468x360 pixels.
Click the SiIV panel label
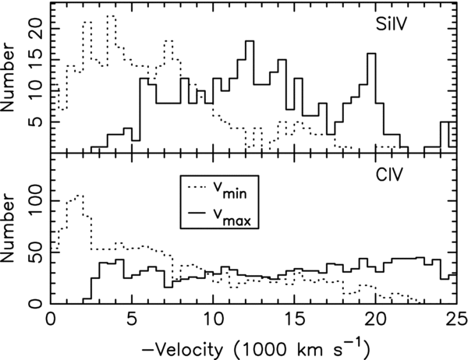coord(392,24)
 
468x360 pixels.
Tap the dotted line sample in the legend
coord(197,187)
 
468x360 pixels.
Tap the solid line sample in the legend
coord(197,213)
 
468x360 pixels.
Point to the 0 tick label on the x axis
coord(51,319)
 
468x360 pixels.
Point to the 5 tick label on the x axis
coord(132,319)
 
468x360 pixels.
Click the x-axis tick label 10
coord(213,319)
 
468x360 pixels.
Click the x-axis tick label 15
coord(294,319)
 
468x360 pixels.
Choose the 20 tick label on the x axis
coord(375,319)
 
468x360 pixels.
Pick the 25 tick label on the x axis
coord(456,319)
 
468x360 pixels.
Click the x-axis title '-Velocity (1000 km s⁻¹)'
coord(256,349)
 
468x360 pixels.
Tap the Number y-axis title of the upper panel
coord(8,78)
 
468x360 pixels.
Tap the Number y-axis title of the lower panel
coord(8,228)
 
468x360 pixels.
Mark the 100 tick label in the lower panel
coord(36,201)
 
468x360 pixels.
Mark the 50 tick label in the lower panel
coord(36,252)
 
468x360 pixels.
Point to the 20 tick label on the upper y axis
coord(36,29)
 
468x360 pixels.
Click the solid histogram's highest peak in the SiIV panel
coord(250,41)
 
